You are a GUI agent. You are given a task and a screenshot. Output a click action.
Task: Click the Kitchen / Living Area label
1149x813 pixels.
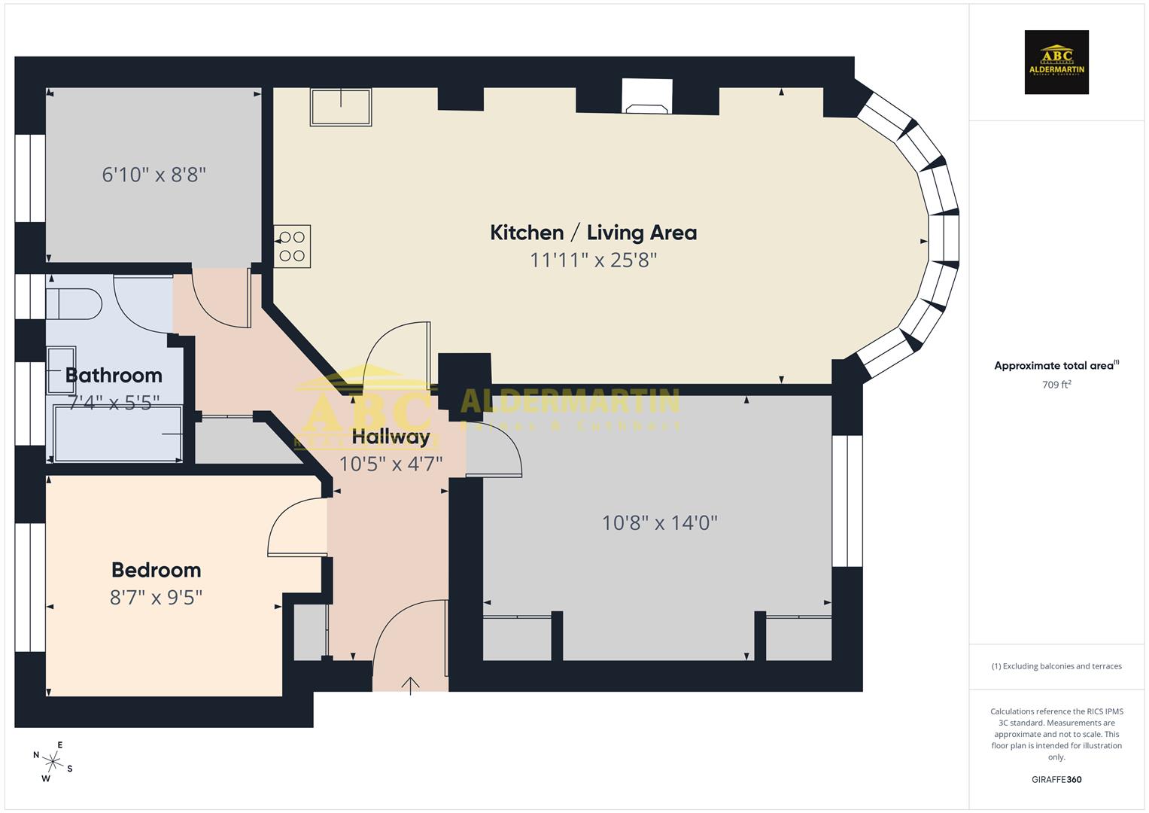coord(593,233)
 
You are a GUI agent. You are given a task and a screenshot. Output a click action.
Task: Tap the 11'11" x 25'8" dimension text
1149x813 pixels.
coord(593,260)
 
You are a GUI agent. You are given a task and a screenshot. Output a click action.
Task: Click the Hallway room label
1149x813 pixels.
coord(391,437)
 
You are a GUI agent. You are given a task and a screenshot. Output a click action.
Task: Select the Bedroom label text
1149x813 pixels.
coord(157,570)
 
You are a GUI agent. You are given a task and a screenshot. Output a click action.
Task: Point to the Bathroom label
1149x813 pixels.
coord(114,375)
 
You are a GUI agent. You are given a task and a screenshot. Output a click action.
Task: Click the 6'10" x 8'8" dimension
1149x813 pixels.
coord(154,175)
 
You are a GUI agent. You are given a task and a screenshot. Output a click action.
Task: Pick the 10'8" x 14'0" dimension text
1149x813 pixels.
coord(659,522)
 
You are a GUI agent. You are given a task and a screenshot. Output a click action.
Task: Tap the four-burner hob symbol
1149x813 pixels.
coord(292,247)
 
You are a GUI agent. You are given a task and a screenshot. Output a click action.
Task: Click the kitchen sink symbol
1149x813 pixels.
coord(341,107)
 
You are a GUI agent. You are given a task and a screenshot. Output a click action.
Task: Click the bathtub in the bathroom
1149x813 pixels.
coord(117,434)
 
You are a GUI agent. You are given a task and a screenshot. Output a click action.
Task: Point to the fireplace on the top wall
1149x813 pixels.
coord(647,96)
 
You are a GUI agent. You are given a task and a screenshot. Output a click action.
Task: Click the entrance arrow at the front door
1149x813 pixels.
coord(410,685)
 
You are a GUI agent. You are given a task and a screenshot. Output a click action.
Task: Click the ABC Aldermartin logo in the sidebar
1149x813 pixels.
coord(1056,62)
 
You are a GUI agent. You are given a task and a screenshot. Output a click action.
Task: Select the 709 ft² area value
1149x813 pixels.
coord(1056,385)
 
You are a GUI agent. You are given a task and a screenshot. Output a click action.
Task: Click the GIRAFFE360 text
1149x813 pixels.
coord(1056,780)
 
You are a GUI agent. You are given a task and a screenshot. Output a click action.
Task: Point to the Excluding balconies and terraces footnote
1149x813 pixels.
coord(1056,666)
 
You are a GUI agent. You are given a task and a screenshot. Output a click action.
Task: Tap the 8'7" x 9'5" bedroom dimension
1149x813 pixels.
coord(157,598)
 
